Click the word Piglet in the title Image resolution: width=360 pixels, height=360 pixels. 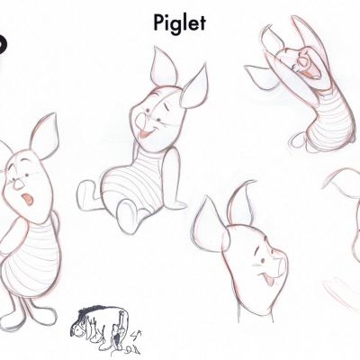click(179, 23)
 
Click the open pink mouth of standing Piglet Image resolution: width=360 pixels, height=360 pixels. click(28, 199)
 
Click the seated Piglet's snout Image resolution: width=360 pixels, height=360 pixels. click(140, 121)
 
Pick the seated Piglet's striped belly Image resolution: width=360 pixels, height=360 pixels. click(132, 180)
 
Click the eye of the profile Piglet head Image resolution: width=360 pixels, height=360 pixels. click(263, 261)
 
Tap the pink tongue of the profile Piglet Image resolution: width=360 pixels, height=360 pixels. click(269, 281)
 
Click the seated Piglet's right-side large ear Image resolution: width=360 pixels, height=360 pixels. click(195, 87)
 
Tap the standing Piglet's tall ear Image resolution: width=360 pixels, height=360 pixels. click(44, 137)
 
